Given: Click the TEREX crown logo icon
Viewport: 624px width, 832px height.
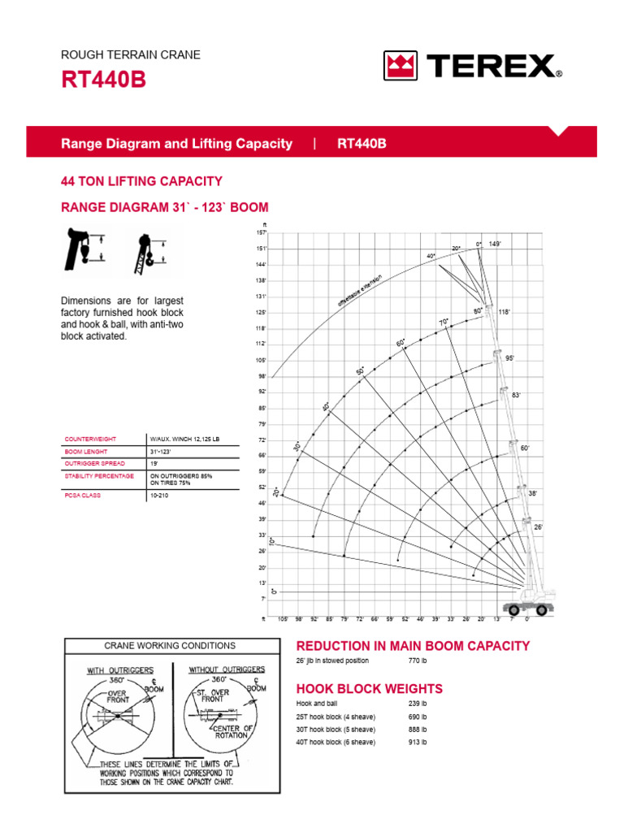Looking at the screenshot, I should pyautogui.click(x=400, y=66).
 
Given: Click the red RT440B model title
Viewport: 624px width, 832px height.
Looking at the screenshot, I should pyautogui.click(x=103, y=81).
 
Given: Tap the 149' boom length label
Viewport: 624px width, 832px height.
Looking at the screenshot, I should pyautogui.click(x=495, y=244).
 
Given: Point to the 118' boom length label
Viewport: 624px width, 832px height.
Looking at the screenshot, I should pyautogui.click(x=503, y=312).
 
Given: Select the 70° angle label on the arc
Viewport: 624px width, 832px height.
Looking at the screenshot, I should pyautogui.click(x=444, y=323).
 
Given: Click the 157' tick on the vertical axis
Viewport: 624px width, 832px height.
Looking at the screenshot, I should pyautogui.click(x=262, y=232).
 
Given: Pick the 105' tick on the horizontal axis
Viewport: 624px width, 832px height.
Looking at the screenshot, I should pyautogui.click(x=283, y=619).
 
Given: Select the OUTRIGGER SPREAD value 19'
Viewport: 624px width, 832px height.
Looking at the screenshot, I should pyautogui.click(x=154, y=463).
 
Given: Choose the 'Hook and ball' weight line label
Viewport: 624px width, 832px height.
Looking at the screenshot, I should pyautogui.click(x=317, y=703).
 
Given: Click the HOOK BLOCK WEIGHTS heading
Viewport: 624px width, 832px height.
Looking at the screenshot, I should pyautogui.click(x=370, y=688).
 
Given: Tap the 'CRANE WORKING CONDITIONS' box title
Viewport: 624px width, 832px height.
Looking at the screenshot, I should pyautogui.click(x=170, y=646).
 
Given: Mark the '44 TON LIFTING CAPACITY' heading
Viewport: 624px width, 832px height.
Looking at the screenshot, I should pyautogui.click(x=141, y=181).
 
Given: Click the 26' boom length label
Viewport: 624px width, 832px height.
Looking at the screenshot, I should pyautogui.click(x=538, y=527).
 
